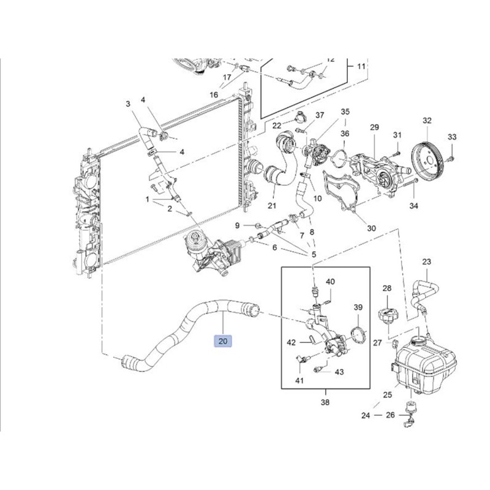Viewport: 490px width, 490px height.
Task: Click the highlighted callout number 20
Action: pos(222,341)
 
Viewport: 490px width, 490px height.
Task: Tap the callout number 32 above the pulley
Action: pos(427,121)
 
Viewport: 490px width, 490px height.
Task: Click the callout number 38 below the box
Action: pos(325,402)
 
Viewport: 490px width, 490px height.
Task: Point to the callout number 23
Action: pos(426,262)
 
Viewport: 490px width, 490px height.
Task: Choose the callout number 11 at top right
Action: pos(361,66)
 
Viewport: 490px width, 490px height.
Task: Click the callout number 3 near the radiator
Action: pos(129,104)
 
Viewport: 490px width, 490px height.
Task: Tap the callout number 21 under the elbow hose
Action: pos(272,205)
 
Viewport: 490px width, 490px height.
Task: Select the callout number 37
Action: pos(320,115)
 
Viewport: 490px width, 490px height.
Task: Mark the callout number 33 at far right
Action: pos(452,137)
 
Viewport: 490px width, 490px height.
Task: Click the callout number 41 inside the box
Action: pos(300,381)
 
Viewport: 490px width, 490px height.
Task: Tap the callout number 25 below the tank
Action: pos(387,395)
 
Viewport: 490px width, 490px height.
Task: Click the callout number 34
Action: pos(414,206)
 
